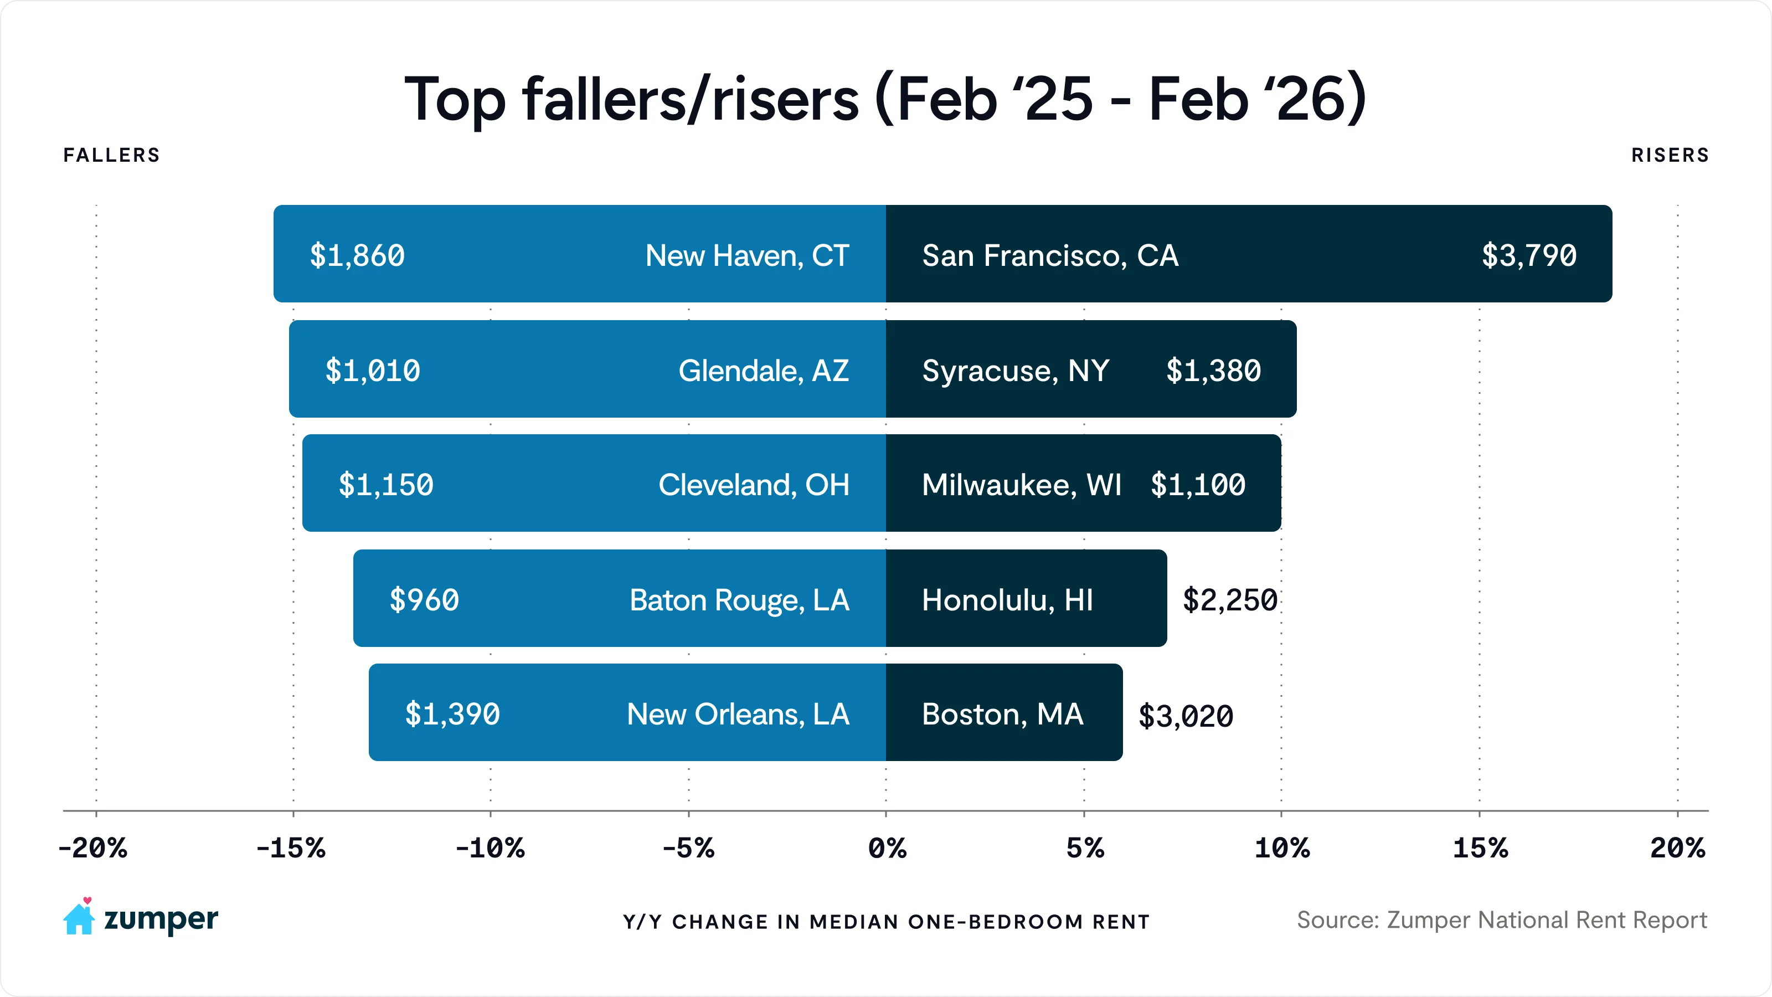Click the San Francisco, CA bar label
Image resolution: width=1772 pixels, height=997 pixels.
pos(1050,256)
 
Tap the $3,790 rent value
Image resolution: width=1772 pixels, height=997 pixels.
pos(1528,256)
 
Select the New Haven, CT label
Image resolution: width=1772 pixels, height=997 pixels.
pos(747,256)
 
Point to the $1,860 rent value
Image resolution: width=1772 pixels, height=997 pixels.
pos(357,256)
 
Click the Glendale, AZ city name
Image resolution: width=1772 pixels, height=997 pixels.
pos(763,371)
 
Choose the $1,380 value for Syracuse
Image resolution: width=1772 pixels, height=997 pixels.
pos(1213,371)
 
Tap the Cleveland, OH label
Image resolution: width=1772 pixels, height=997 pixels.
pos(753,485)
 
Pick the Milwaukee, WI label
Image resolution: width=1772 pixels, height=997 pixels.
pos(1022,485)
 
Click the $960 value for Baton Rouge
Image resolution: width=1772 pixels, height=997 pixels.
pos(424,600)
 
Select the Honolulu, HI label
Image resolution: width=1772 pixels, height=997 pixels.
pos(1007,600)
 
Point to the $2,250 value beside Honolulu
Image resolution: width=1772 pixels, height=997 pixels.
pos(1230,600)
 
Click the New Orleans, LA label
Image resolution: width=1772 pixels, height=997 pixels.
pos(738,714)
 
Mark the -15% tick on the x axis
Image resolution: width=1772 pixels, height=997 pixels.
pos(291,849)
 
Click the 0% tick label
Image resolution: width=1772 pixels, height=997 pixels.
pos(887,849)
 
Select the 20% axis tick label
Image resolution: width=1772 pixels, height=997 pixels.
pos(1677,849)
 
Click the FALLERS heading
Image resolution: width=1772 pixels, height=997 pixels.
pos(111,156)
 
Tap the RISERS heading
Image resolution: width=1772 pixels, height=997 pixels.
pos(1670,156)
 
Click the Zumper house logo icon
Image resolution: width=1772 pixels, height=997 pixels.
pos(79,917)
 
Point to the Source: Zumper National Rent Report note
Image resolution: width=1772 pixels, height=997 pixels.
pos(1502,920)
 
